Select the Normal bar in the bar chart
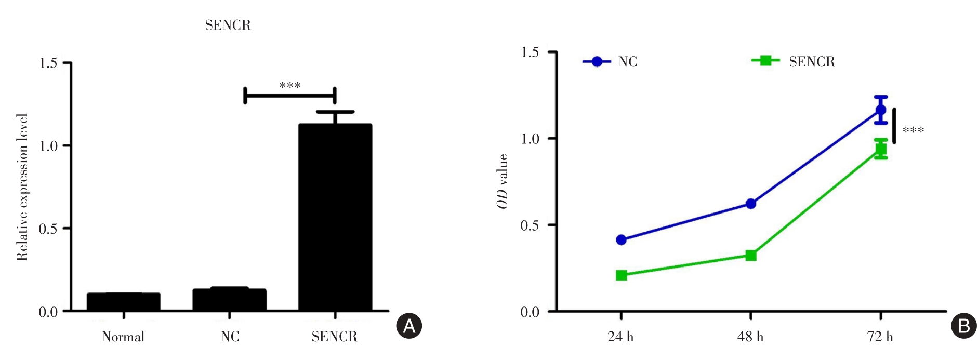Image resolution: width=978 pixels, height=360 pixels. (124, 302)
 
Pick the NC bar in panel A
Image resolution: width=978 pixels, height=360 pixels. (229, 300)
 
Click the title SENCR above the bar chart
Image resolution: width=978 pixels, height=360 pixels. (228, 25)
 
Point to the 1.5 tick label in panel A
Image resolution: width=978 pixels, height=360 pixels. (48, 63)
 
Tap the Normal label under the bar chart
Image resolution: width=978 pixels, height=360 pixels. (123, 337)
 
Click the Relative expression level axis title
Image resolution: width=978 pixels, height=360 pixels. (22, 187)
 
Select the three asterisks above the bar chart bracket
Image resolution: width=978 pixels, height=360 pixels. (290, 85)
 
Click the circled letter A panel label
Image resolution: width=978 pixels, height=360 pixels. (409, 326)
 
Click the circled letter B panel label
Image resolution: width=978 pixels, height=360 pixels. (963, 326)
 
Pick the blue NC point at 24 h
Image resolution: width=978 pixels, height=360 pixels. (621, 240)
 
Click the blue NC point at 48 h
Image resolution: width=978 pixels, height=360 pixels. (751, 204)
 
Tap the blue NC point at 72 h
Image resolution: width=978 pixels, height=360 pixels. (881, 110)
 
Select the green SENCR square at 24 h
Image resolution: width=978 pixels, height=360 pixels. (621, 275)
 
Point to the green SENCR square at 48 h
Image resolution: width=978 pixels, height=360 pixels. (751, 256)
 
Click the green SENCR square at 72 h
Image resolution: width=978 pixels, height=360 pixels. (881, 150)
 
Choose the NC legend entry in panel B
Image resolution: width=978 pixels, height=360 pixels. (611, 62)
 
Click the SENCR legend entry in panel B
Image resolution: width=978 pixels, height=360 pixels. (794, 62)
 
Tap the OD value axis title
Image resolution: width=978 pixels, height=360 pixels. (503, 181)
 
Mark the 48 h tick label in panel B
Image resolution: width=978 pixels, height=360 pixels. (750, 337)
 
